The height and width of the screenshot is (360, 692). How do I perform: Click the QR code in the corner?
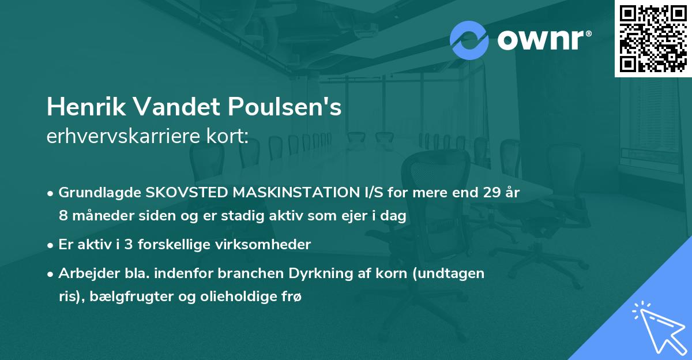pyautogui.click(x=653, y=38)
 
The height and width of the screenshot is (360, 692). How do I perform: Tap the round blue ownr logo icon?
pyautogui.click(x=469, y=40)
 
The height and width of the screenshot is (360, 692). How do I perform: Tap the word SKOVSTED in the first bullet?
pyautogui.click(x=179, y=193)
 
